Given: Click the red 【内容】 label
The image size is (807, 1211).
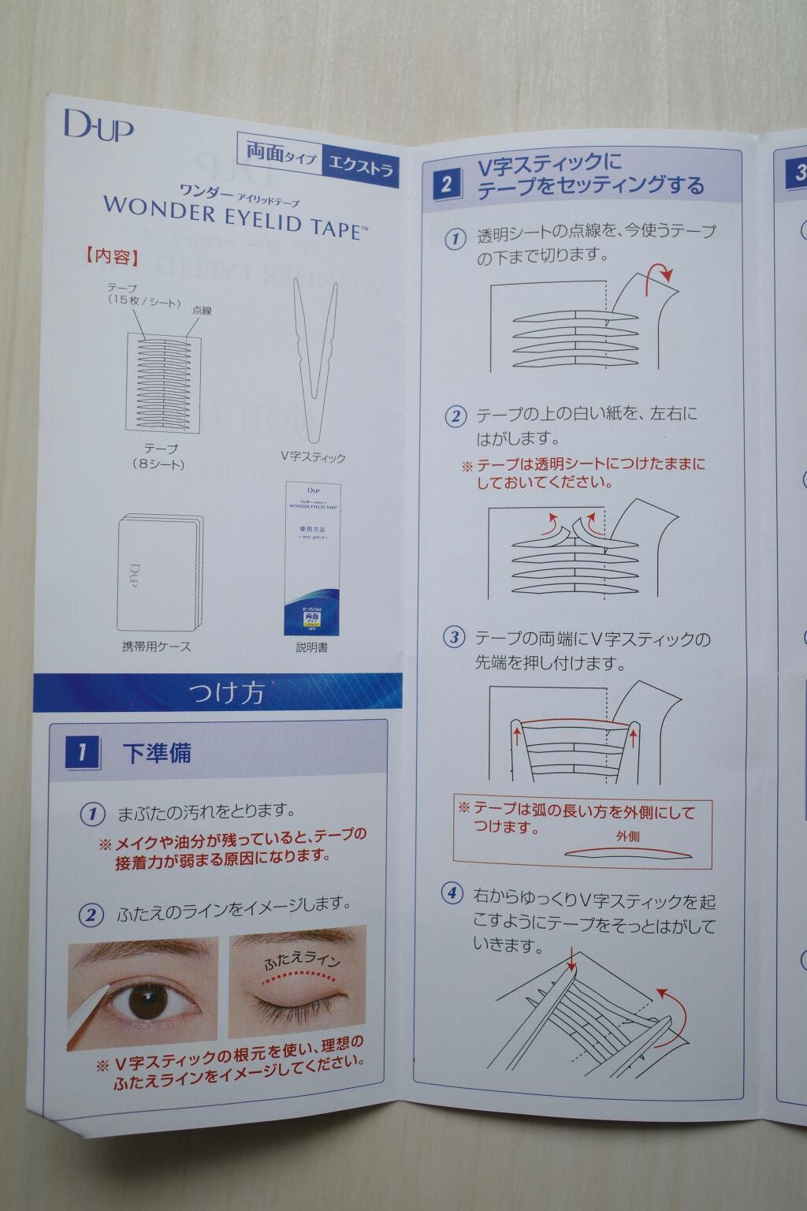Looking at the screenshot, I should click(110, 258).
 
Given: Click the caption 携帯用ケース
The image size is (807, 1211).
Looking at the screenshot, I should click(156, 646).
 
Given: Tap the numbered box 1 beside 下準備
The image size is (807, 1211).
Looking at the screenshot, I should click(82, 753).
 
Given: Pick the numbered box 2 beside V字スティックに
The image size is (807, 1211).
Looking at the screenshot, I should click(446, 184).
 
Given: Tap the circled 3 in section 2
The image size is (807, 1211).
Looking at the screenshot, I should click(454, 638).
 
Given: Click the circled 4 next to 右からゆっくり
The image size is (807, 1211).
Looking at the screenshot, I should click(452, 893).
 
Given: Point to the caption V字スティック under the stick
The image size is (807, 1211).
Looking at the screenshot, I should click(313, 457).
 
